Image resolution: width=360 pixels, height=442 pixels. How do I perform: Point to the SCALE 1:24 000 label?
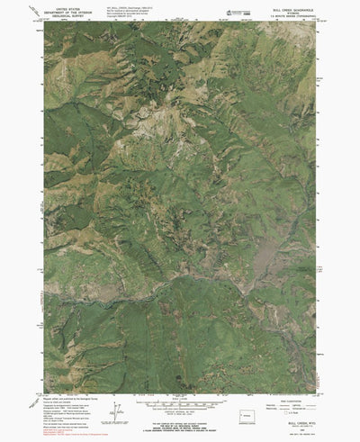point(180,373)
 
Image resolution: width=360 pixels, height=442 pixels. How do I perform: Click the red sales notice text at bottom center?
point(180,419)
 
